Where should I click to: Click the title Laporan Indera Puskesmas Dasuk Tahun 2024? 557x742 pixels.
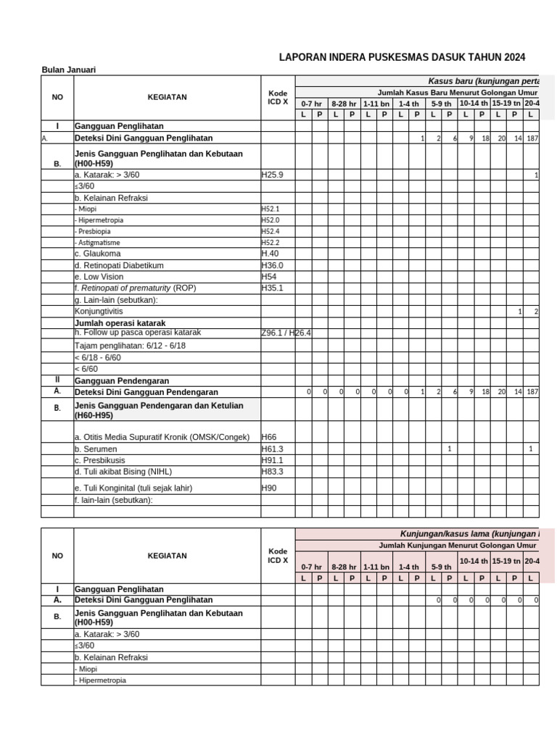pos(403,57)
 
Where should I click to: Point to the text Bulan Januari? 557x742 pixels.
pos(69,70)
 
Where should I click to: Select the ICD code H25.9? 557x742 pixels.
pos(273,175)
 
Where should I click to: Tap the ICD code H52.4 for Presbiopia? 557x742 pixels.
pos(271,231)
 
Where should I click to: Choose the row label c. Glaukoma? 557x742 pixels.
pos(97,254)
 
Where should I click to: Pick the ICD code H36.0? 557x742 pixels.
pos(273,265)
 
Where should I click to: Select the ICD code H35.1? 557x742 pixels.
pos(273,288)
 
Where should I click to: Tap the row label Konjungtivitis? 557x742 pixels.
pos(100,311)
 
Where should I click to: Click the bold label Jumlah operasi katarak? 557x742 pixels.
pos(120,322)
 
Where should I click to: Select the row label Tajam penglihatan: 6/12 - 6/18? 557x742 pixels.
pos(131,346)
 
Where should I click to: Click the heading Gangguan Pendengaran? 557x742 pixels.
pos(122,380)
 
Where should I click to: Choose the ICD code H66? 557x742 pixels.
pos(269,438)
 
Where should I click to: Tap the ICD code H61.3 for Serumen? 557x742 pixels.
pos(273,449)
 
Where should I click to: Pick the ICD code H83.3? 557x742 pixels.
pos(273,471)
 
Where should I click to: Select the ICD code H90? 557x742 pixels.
pos(269,488)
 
